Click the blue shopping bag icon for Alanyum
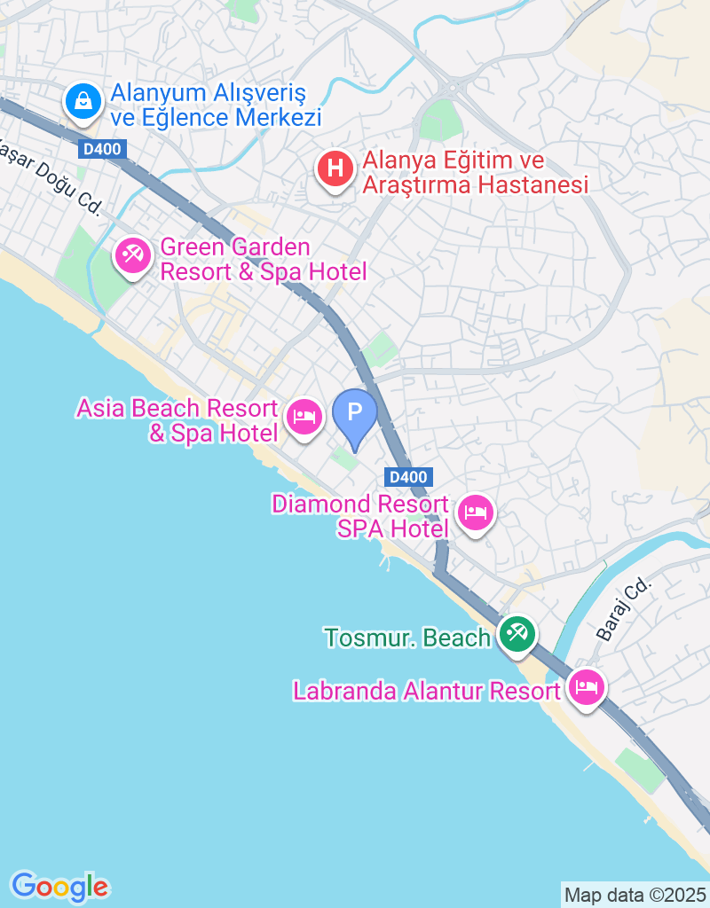pos(83,101)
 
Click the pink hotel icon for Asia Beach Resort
pos(304,415)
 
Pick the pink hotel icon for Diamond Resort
pos(476,512)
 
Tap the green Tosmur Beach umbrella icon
pos(516,634)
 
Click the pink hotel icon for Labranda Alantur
pos(586,686)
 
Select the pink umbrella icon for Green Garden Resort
pos(133,257)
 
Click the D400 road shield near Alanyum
pos(103,150)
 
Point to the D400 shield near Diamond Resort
pos(409,477)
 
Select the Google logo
pos(59,885)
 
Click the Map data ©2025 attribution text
pos(635,895)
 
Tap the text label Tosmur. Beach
pos(407,638)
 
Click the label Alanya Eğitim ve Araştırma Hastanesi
pos(475,173)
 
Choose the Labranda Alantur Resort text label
pos(428,691)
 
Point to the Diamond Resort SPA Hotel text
pos(359,516)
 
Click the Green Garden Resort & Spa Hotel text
pos(263,259)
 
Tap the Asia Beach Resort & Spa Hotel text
pos(177,420)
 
